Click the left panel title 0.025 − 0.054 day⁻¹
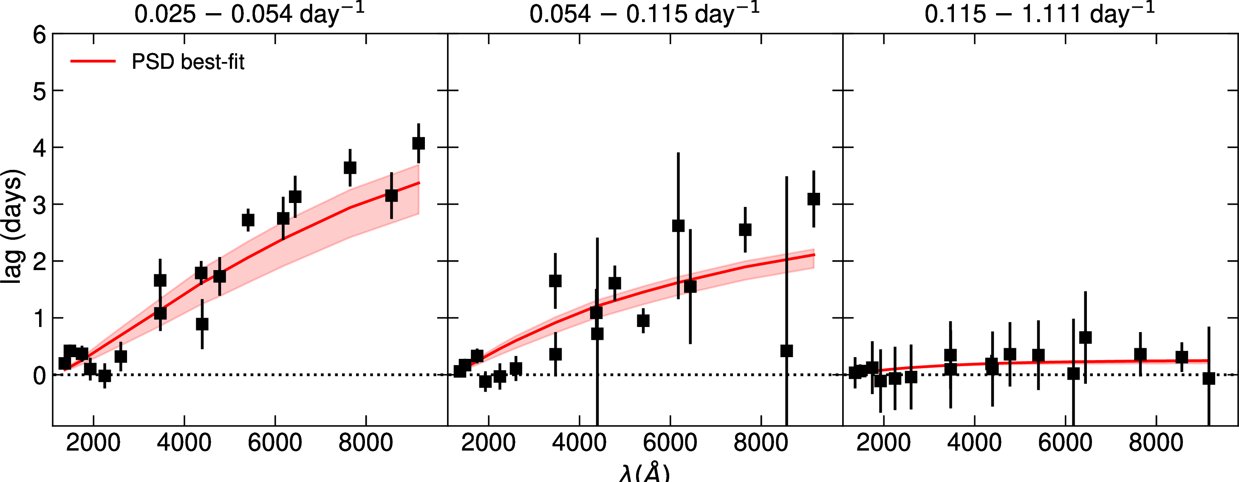(249, 14)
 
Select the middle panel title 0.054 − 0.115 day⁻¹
(644, 14)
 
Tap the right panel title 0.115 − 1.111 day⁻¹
(1039, 14)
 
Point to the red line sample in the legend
(93, 61)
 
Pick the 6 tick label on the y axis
(40, 35)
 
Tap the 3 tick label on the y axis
(40, 205)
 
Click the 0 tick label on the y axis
(40, 375)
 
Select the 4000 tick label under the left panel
(184, 443)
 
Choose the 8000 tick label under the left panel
(365, 443)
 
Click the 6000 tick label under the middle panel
(670, 443)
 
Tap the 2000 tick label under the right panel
(883, 443)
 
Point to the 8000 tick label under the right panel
(1156, 443)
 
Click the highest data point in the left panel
(419, 143)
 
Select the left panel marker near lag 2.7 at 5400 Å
(248, 220)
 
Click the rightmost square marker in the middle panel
(814, 199)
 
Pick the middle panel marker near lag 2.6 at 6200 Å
(678, 226)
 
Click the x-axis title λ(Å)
(644, 474)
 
